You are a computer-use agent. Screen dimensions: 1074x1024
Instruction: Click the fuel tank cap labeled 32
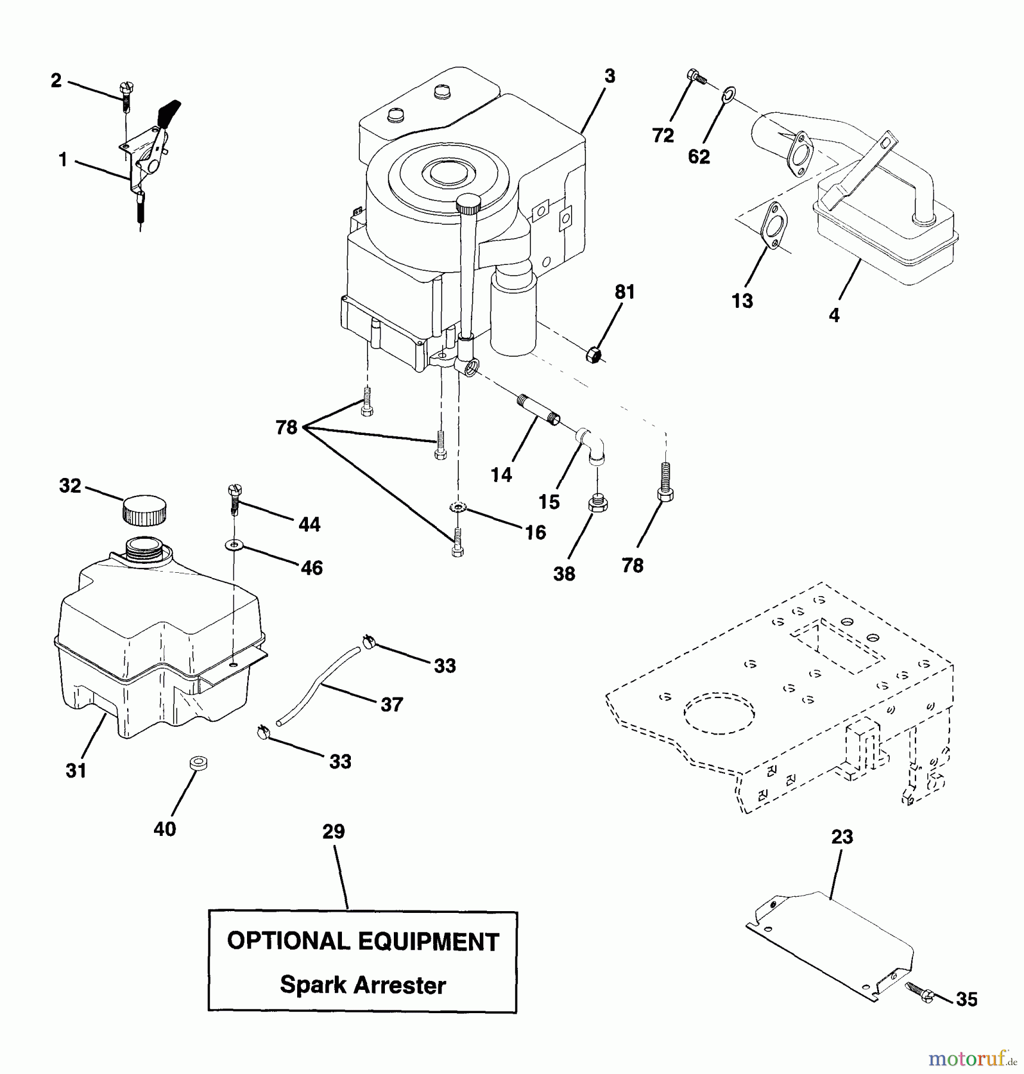(144, 510)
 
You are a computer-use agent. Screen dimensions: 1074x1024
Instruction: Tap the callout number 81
(625, 292)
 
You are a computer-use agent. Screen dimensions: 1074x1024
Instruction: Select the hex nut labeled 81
(593, 354)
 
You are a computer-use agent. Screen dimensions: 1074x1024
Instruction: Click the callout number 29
(334, 831)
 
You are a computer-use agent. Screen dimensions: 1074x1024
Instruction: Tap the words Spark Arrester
(363, 985)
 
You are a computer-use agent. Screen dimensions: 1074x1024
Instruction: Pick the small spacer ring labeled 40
(198, 763)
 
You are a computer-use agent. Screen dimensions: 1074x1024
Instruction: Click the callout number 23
(842, 837)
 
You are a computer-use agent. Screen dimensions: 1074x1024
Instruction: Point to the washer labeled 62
(728, 94)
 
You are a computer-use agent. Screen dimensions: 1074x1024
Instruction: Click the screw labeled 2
(127, 96)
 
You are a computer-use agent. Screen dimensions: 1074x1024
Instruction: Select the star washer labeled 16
(458, 508)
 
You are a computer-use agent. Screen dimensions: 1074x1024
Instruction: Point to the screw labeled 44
(234, 499)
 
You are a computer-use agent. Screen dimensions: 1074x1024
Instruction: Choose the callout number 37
(392, 705)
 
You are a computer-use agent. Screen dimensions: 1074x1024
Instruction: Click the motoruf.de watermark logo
(971, 1058)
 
